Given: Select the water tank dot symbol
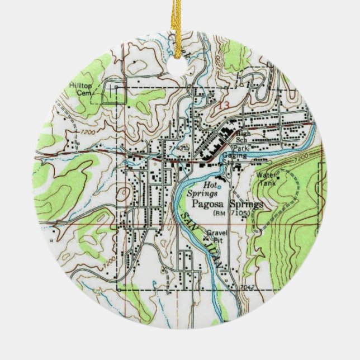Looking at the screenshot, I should point(277,179).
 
